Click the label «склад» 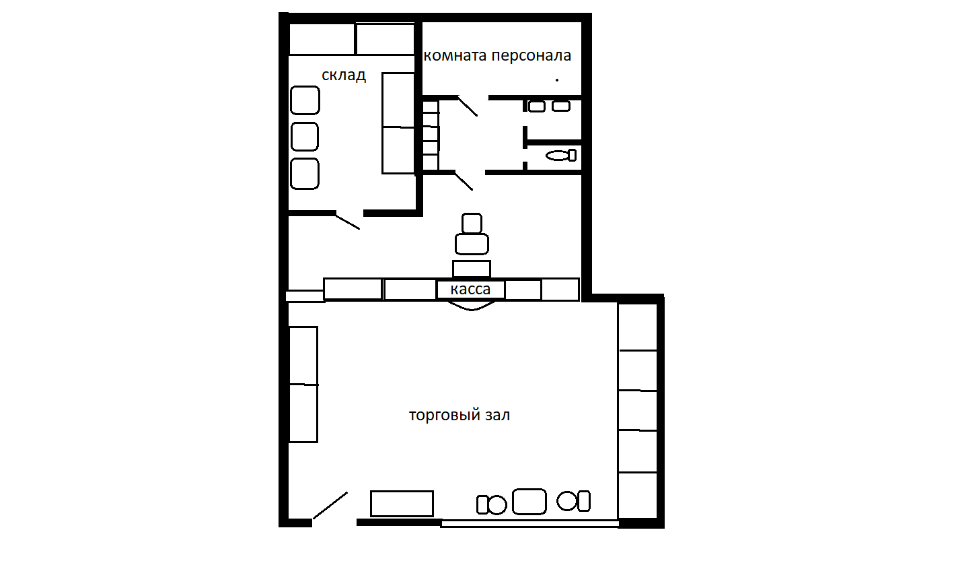tap(344, 75)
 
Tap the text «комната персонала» tap(497, 55)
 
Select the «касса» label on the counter tap(470, 290)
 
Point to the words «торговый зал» tap(459, 415)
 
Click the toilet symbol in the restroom tap(561, 156)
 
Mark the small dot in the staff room tap(557, 80)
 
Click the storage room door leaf tap(347, 222)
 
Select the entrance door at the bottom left tap(330, 506)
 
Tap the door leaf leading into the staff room tap(468, 106)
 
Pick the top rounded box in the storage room tap(305, 100)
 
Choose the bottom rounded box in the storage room tap(305, 174)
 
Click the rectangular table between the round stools tap(529, 502)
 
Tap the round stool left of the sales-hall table tap(497, 504)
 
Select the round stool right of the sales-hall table tap(567, 501)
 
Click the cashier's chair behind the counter tap(472, 234)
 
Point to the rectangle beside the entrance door tap(402, 503)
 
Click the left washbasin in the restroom tap(537, 106)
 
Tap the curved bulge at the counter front tap(472, 306)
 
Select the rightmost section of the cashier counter tap(560, 290)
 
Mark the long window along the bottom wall tap(529, 524)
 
